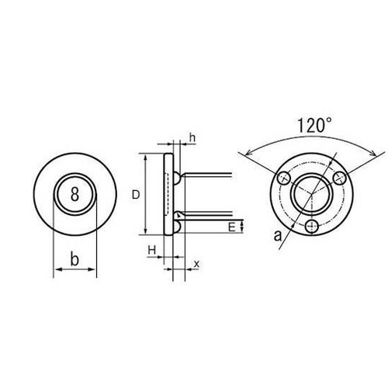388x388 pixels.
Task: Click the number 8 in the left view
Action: point(74,196)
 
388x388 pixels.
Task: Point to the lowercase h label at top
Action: point(192,140)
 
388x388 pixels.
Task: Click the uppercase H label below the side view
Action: point(153,249)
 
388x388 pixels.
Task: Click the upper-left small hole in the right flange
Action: point(284,178)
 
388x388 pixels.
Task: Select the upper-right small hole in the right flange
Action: point(338,178)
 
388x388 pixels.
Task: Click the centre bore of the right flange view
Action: point(311,195)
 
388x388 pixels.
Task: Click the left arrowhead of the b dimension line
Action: point(55,271)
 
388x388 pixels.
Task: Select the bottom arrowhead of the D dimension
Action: point(147,231)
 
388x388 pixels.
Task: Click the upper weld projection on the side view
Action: point(178,178)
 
